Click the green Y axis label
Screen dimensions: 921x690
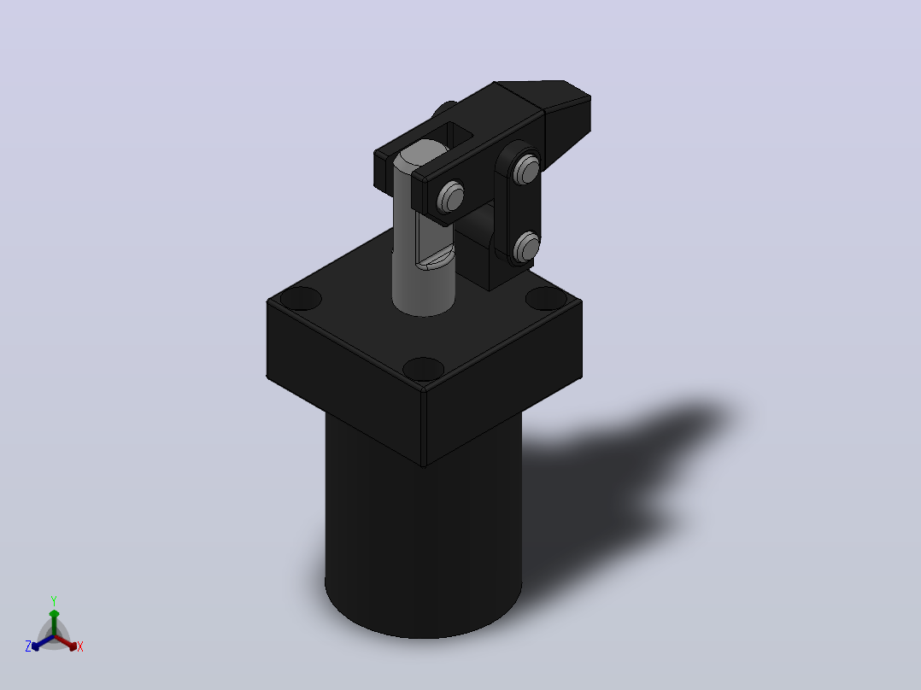point(54,600)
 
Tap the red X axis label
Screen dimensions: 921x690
point(80,646)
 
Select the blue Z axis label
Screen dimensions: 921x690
point(28,646)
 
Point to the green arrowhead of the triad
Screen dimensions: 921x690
point(54,614)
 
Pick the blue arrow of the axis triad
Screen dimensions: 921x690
point(43,642)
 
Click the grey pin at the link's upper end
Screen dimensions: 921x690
point(525,168)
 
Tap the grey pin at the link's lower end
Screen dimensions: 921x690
point(525,246)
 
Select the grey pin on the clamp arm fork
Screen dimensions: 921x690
point(450,196)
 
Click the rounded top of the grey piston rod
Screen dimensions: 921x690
point(422,155)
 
